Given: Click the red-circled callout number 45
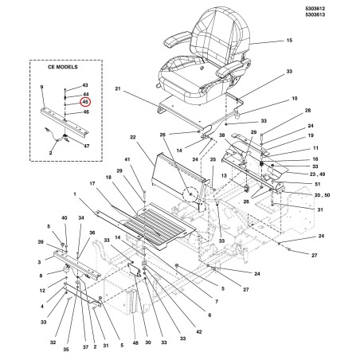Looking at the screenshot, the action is point(85,102).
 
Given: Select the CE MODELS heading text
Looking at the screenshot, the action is point(63,67).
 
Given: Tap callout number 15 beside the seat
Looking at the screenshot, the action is point(289,41).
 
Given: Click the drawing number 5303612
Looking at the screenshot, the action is point(315,9).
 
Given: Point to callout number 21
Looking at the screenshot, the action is point(118,88).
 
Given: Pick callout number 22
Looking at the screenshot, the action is point(133,137).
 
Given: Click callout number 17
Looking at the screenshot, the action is point(92,183).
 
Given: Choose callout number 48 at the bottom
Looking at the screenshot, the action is point(135,343).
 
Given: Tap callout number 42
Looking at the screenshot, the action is point(199,332).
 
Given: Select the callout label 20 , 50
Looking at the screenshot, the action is point(322,195).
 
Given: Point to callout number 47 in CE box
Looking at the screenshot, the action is point(87,146).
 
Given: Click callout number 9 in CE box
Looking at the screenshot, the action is point(41,87).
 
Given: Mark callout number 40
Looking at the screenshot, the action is point(65,218).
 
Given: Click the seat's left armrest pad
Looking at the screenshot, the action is point(176,39).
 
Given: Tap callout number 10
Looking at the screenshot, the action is point(295,99).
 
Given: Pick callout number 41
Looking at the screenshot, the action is point(127,159).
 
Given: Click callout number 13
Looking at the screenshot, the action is point(224,175).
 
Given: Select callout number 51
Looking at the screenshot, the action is point(318,184).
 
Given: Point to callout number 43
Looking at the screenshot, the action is point(85,85).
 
